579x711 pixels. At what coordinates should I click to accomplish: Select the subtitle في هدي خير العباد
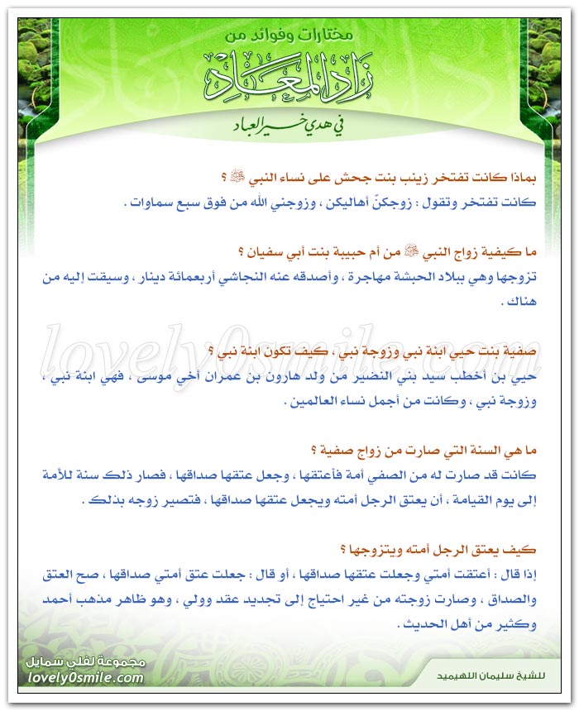[289, 127]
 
